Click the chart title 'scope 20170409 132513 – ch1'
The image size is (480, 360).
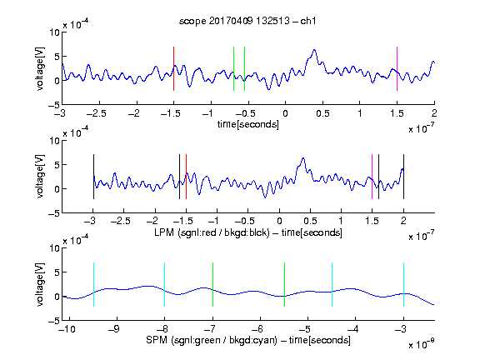coord(247,21)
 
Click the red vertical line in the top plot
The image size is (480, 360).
coord(173,68)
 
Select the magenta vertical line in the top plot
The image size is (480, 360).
coord(397,68)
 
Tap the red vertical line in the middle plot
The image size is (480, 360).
coord(186,177)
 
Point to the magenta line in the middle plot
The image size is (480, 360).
coord(372,177)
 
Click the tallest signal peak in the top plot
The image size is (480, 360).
coord(314,50)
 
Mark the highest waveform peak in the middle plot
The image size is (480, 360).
coord(303,158)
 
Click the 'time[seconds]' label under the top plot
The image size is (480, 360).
coord(248,124)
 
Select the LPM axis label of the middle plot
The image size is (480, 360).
coord(248,232)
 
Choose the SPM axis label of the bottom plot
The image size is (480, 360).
coord(248,340)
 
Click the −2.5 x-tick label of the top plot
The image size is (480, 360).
coord(97,113)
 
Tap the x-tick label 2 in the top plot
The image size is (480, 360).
coord(434,113)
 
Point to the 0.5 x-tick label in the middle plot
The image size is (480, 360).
coord(310,221)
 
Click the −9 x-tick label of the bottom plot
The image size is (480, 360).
coord(114,329)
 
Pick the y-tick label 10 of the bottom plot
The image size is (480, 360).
coord(54,248)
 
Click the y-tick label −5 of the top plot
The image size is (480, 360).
coord(53,105)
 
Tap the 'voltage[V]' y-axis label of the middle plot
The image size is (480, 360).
coord(40,177)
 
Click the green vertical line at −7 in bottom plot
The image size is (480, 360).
coord(212,284)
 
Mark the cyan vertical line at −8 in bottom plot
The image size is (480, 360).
coord(164,284)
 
